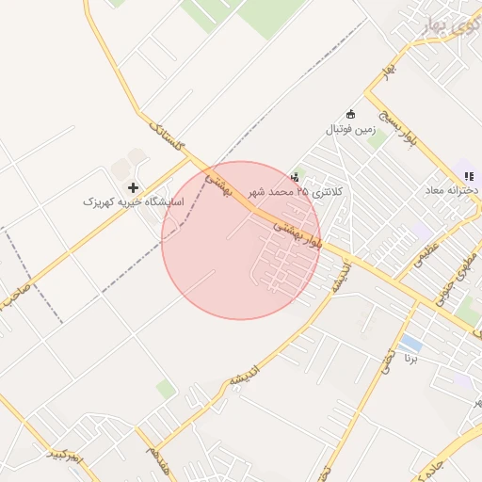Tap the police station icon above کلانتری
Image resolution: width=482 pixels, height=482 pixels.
(296, 176)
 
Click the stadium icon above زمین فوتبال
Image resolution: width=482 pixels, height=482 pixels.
(351, 113)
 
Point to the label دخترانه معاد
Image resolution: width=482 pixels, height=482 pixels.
(452, 189)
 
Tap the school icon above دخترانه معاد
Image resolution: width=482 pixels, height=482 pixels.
(468, 175)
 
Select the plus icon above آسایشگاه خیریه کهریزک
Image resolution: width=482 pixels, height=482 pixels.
(133, 187)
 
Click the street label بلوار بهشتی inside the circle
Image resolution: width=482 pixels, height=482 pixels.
(298, 234)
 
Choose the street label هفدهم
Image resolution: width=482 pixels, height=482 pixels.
(153, 459)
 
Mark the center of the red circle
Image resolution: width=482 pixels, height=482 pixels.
(241, 240)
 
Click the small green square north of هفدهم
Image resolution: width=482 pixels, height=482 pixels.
(167, 389)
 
